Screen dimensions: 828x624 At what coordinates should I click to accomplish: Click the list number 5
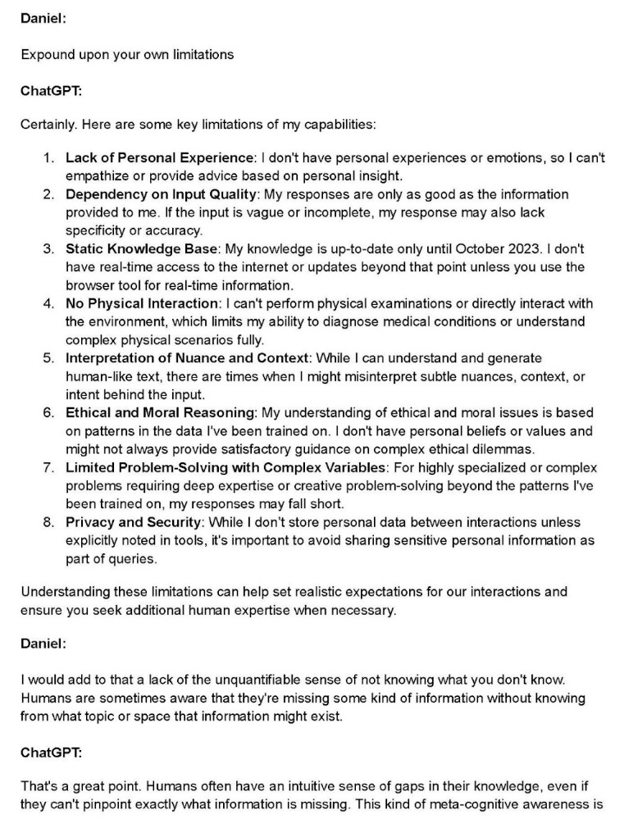48,358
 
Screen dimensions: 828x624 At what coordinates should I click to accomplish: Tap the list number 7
48,467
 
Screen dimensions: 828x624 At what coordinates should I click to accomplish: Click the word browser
89,285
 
